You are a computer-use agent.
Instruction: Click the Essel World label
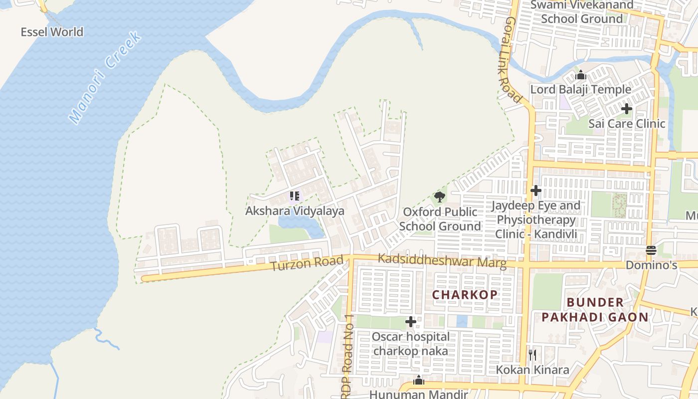tap(52, 32)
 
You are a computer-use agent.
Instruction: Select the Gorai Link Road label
tap(514, 60)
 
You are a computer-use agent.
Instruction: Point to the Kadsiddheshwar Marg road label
tap(442, 261)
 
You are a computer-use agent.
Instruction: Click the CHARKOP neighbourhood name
tap(465, 294)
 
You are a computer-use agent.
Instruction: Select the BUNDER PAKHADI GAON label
tap(595, 310)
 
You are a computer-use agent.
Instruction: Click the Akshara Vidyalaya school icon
tap(294, 196)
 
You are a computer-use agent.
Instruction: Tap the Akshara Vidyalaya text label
tap(295, 211)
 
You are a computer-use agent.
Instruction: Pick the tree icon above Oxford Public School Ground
tap(439, 197)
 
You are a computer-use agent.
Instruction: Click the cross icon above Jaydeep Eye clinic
tap(536, 191)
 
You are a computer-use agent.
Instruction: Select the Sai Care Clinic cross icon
tap(627, 109)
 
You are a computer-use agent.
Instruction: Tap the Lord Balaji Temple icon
tap(580, 75)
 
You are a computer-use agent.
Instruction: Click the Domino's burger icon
tap(651, 250)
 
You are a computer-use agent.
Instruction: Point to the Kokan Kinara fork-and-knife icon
tap(532, 355)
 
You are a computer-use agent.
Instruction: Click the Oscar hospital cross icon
tap(411, 322)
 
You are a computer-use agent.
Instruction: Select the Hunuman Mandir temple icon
tap(419, 381)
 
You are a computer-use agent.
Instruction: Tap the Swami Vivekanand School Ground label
tap(582, 12)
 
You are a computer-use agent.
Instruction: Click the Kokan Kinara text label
tap(532, 370)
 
